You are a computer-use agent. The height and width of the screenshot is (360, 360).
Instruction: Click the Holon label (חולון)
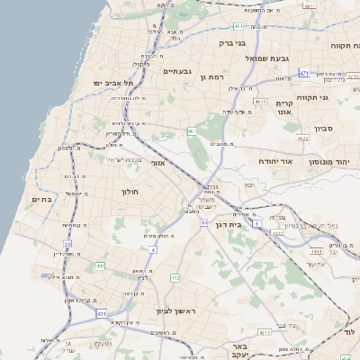pyautogui.click(x=130, y=192)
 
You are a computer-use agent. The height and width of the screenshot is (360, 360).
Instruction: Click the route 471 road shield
pyautogui.click(x=304, y=72)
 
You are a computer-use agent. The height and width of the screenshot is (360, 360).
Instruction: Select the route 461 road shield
pyautogui.click(x=192, y=131)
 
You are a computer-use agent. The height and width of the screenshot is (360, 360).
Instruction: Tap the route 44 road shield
pyautogui.click(x=204, y=221)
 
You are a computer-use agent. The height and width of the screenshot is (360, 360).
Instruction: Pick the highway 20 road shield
pyautogui.click(x=67, y=244)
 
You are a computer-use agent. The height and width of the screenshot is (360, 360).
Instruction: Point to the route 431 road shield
pyautogui.click(x=101, y=313)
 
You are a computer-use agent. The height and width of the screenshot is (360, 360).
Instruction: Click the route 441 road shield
pyautogui.click(x=100, y=266)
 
